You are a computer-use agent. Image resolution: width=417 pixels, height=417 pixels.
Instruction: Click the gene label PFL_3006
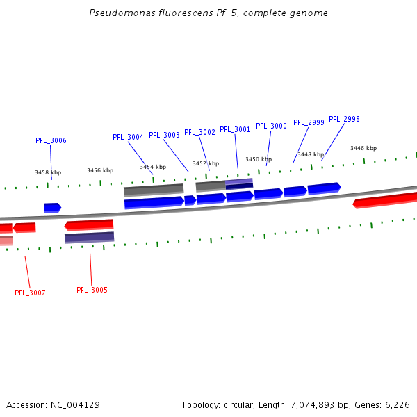51,140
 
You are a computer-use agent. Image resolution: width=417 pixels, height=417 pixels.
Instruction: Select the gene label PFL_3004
128,137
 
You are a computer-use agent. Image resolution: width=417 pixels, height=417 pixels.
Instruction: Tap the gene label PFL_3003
164,135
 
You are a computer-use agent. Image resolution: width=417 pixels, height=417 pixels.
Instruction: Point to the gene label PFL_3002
199,132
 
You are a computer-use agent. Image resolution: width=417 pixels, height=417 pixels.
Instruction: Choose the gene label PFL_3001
235,129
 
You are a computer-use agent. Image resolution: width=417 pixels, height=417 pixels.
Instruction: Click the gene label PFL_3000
271,126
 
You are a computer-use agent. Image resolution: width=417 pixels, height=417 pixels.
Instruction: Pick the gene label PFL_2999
309,122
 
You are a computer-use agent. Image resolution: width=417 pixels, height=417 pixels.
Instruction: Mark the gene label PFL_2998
344,119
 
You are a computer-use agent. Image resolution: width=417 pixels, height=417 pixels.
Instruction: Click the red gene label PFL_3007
30,293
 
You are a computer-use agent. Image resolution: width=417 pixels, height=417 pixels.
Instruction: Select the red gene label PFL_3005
92,290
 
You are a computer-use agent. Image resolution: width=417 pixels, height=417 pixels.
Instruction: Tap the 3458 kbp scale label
48,172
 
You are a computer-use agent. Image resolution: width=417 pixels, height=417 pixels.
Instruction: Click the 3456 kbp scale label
100,170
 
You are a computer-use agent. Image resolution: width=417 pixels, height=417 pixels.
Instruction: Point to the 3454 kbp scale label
153,167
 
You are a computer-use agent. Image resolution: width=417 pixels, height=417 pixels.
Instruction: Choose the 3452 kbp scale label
206,163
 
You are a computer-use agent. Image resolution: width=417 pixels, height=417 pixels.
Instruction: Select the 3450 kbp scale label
259,159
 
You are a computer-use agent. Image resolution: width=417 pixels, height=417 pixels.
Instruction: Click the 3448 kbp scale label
311,154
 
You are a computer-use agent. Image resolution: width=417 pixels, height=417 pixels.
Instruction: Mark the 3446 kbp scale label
363,148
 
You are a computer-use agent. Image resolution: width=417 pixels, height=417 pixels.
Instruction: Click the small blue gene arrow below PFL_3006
52,207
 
